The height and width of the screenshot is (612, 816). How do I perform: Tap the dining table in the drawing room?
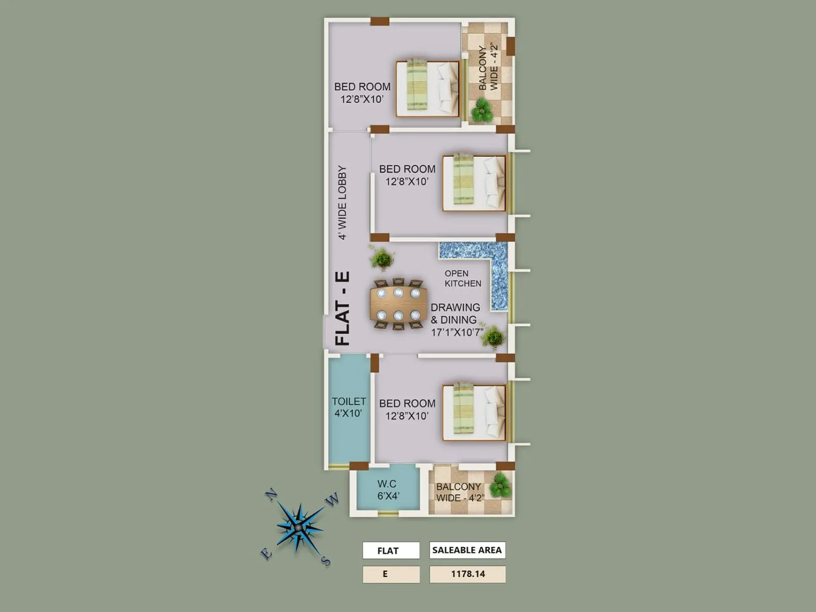[398, 304]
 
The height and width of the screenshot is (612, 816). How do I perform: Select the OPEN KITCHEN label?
[463, 278]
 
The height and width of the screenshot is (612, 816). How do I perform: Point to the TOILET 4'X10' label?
[349, 407]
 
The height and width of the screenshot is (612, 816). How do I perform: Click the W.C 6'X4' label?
[388, 490]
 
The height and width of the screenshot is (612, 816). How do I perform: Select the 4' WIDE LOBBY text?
[342, 202]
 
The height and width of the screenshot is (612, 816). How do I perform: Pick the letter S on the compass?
[325, 561]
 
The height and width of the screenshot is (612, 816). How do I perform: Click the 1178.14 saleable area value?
[468, 574]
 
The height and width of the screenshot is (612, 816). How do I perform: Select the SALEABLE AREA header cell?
[467, 550]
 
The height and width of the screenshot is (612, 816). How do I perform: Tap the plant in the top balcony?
[481, 110]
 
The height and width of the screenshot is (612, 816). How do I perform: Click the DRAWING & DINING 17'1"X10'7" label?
[456, 320]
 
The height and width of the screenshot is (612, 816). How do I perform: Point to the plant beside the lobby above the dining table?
[381, 258]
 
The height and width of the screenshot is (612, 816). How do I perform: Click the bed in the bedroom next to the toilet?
[474, 412]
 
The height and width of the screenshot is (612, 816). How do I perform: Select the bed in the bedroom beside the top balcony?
[428, 89]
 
